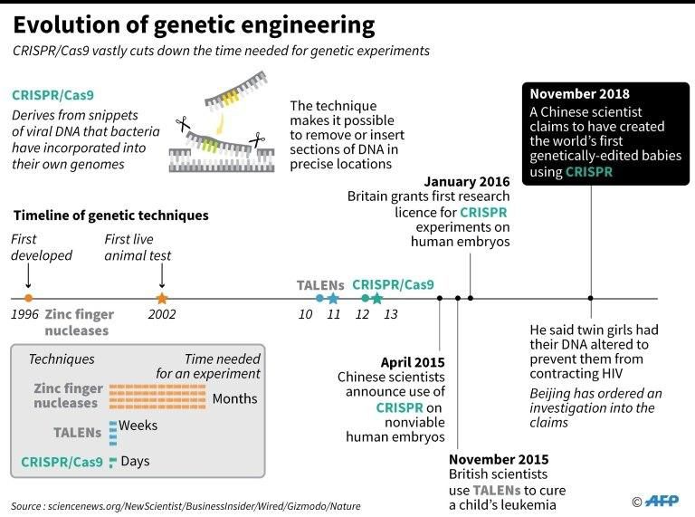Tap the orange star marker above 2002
click(x=162, y=298)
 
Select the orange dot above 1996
click(x=28, y=298)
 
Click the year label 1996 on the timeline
click(x=26, y=315)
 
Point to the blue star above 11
click(x=333, y=298)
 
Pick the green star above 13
click(x=377, y=298)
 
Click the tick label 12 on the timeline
click(x=362, y=314)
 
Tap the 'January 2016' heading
click(x=467, y=182)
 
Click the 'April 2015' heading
click(x=413, y=362)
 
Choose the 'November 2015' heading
click(x=499, y=459)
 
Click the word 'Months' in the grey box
click(x=234, y=398)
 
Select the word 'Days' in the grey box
click(x=135, y=462)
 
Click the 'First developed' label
click(x=42, y=247)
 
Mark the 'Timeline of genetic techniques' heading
click(x=111, y=215)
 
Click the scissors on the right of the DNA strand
click(x=257, y=140)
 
